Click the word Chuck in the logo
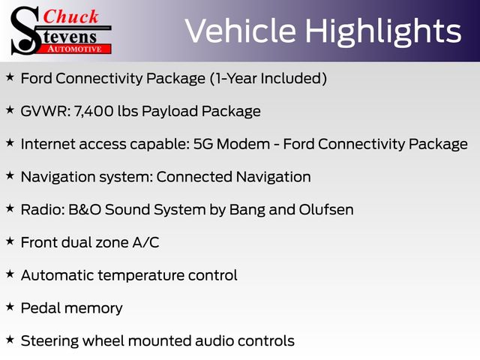click(x=70, y=16)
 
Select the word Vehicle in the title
click(x=241, y=31)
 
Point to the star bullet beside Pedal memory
click(x=10, y=307)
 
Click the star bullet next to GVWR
click(x=10, y=109)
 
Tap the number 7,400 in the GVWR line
click(x=93, y=111)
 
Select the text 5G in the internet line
click(x=203, y=144)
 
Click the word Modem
click(x=243, y=144)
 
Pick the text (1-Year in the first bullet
click(x=233, y=78)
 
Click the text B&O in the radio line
click(x=85, y=210)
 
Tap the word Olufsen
click(x=326, y=210)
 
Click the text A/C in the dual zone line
click(x=145, y=242)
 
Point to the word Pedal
click(x=40, y=308)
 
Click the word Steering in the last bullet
click(x=49, y=341)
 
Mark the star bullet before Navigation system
click(x=10, y=175)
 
